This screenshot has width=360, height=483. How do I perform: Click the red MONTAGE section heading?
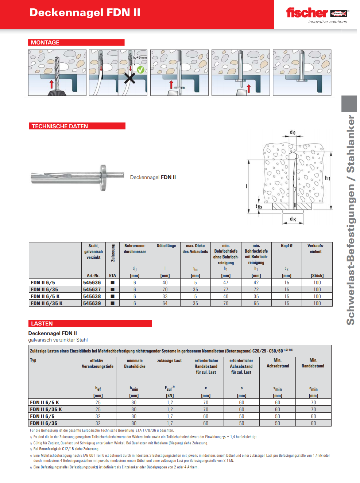45,43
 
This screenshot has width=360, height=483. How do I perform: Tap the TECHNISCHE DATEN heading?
60,126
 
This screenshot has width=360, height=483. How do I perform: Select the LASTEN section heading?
42,323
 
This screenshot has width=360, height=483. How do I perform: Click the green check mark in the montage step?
140,70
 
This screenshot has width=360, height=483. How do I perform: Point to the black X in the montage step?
129,78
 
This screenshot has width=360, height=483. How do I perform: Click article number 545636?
92,283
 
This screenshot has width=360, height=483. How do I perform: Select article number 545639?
92,303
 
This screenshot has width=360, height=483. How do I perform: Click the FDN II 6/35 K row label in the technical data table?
47,303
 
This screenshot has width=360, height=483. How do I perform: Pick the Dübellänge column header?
166,246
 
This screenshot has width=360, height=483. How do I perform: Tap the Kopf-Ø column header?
286,246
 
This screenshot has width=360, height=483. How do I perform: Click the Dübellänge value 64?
165,303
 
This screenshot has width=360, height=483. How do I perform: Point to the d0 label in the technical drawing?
293,132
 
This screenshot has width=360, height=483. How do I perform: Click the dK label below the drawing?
293,219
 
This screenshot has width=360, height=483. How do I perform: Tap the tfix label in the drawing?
259,207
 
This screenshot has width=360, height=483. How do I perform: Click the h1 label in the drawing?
328,178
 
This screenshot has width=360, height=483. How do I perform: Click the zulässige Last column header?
169,361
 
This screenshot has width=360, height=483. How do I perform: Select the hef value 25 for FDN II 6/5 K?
98,402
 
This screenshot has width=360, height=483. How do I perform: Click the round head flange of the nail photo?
104,178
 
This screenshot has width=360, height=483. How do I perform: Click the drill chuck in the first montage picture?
57,91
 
